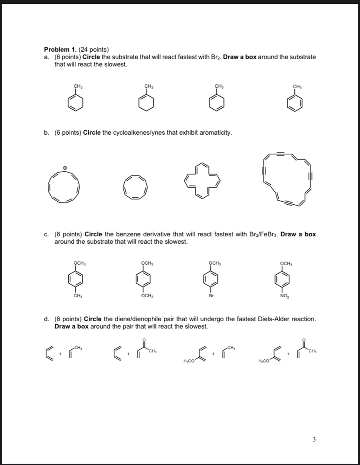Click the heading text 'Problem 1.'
(61, 50)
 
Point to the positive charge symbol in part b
(65, 167)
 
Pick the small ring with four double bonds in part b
(135, 187)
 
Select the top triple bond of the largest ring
(281, 153)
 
